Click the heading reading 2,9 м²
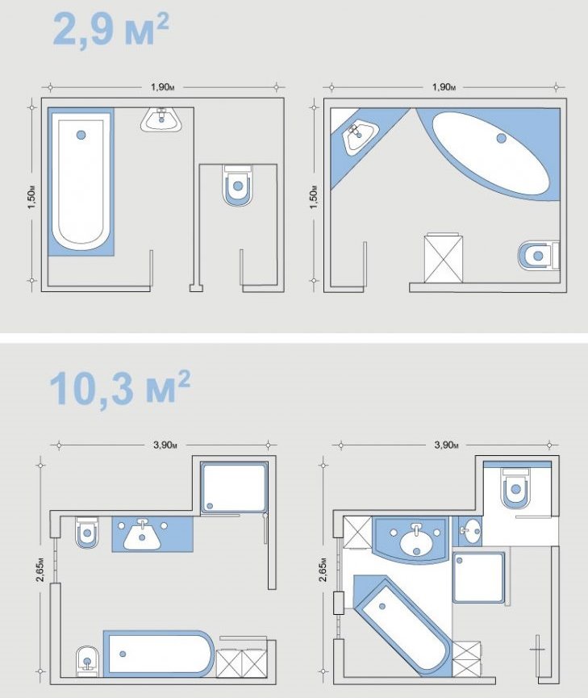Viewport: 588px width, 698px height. click(111, 30)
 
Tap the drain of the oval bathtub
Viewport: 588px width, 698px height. click(501, 139)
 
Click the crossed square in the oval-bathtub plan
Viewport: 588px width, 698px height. click(443, 259)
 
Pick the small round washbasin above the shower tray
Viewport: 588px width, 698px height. click(472, 530)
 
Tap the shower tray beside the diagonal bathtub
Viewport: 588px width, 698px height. click(478, 577)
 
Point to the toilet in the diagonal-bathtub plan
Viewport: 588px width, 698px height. click(515, 490)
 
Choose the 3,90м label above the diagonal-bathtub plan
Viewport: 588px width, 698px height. click(447, 445)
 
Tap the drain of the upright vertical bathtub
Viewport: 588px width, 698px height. click(80, 135)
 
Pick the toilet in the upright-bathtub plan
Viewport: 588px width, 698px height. click(237, 186)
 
